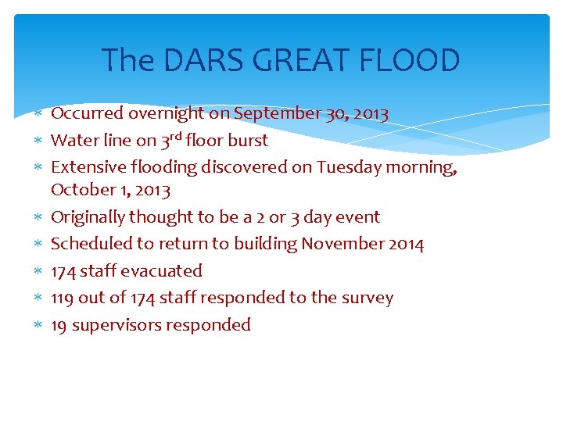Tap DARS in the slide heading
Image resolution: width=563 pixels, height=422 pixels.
coord(195,60)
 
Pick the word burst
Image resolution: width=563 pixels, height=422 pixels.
coord(248,141)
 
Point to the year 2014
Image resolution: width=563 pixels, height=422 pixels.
coord(406,245)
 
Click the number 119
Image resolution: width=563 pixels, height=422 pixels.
coord(63,298)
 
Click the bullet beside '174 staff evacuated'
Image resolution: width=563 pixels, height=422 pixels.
coord(38,271)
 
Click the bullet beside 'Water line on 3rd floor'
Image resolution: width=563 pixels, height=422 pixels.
coord(38,141)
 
